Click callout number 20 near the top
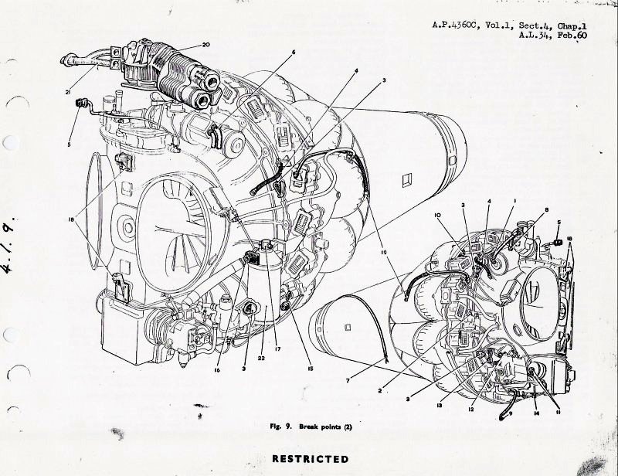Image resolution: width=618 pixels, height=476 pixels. [206, 45]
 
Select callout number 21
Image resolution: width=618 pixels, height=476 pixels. [69, 92]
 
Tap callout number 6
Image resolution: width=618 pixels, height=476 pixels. [294, 52]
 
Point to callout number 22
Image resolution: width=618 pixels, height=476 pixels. [261, 359]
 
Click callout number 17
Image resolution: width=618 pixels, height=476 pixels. [278, 348]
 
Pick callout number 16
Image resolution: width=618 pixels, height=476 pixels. [217, 370]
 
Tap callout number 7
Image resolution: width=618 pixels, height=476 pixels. [348, 380]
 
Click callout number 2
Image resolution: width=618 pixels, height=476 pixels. [379, 391]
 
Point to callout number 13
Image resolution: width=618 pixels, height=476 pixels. [439, 405]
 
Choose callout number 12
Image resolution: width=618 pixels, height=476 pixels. [471, 410]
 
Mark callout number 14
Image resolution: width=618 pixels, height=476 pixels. [536, 413]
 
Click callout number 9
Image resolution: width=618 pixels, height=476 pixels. [511, 413]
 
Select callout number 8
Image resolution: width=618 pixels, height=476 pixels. [547, 210]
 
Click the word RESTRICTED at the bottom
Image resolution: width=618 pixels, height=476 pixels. [311, 459]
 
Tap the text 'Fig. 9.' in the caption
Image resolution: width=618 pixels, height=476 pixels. [280, 427]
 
